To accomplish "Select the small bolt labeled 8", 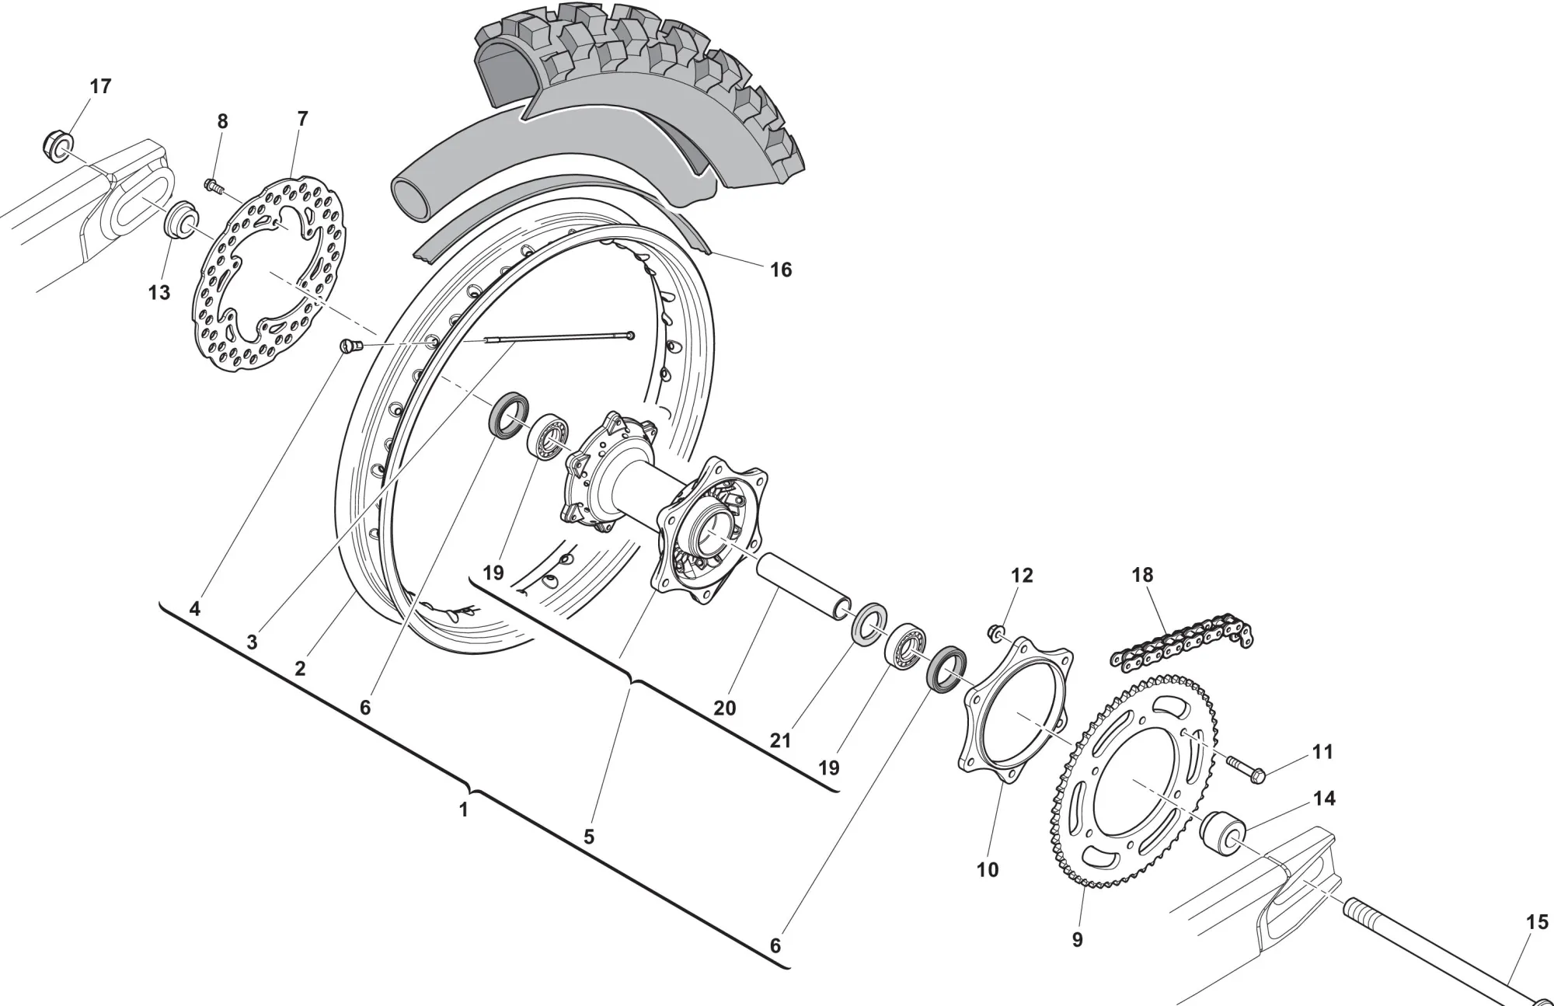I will pos(212,186).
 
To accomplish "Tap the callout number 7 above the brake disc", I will pos(302,119).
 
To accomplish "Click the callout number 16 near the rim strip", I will pos(780,270).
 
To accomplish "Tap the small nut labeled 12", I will pos(995,632).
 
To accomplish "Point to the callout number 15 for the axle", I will pos(1536,922).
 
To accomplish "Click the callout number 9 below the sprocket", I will pos(1077,940).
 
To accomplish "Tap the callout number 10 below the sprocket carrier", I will pos(987,869).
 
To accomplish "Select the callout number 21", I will pos(780,740).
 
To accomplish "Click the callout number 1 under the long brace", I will pos(464,809).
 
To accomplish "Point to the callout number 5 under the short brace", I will pos(589,837).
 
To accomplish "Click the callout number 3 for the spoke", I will pos(252,642).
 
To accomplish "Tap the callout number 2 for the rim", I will pos(300,668).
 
